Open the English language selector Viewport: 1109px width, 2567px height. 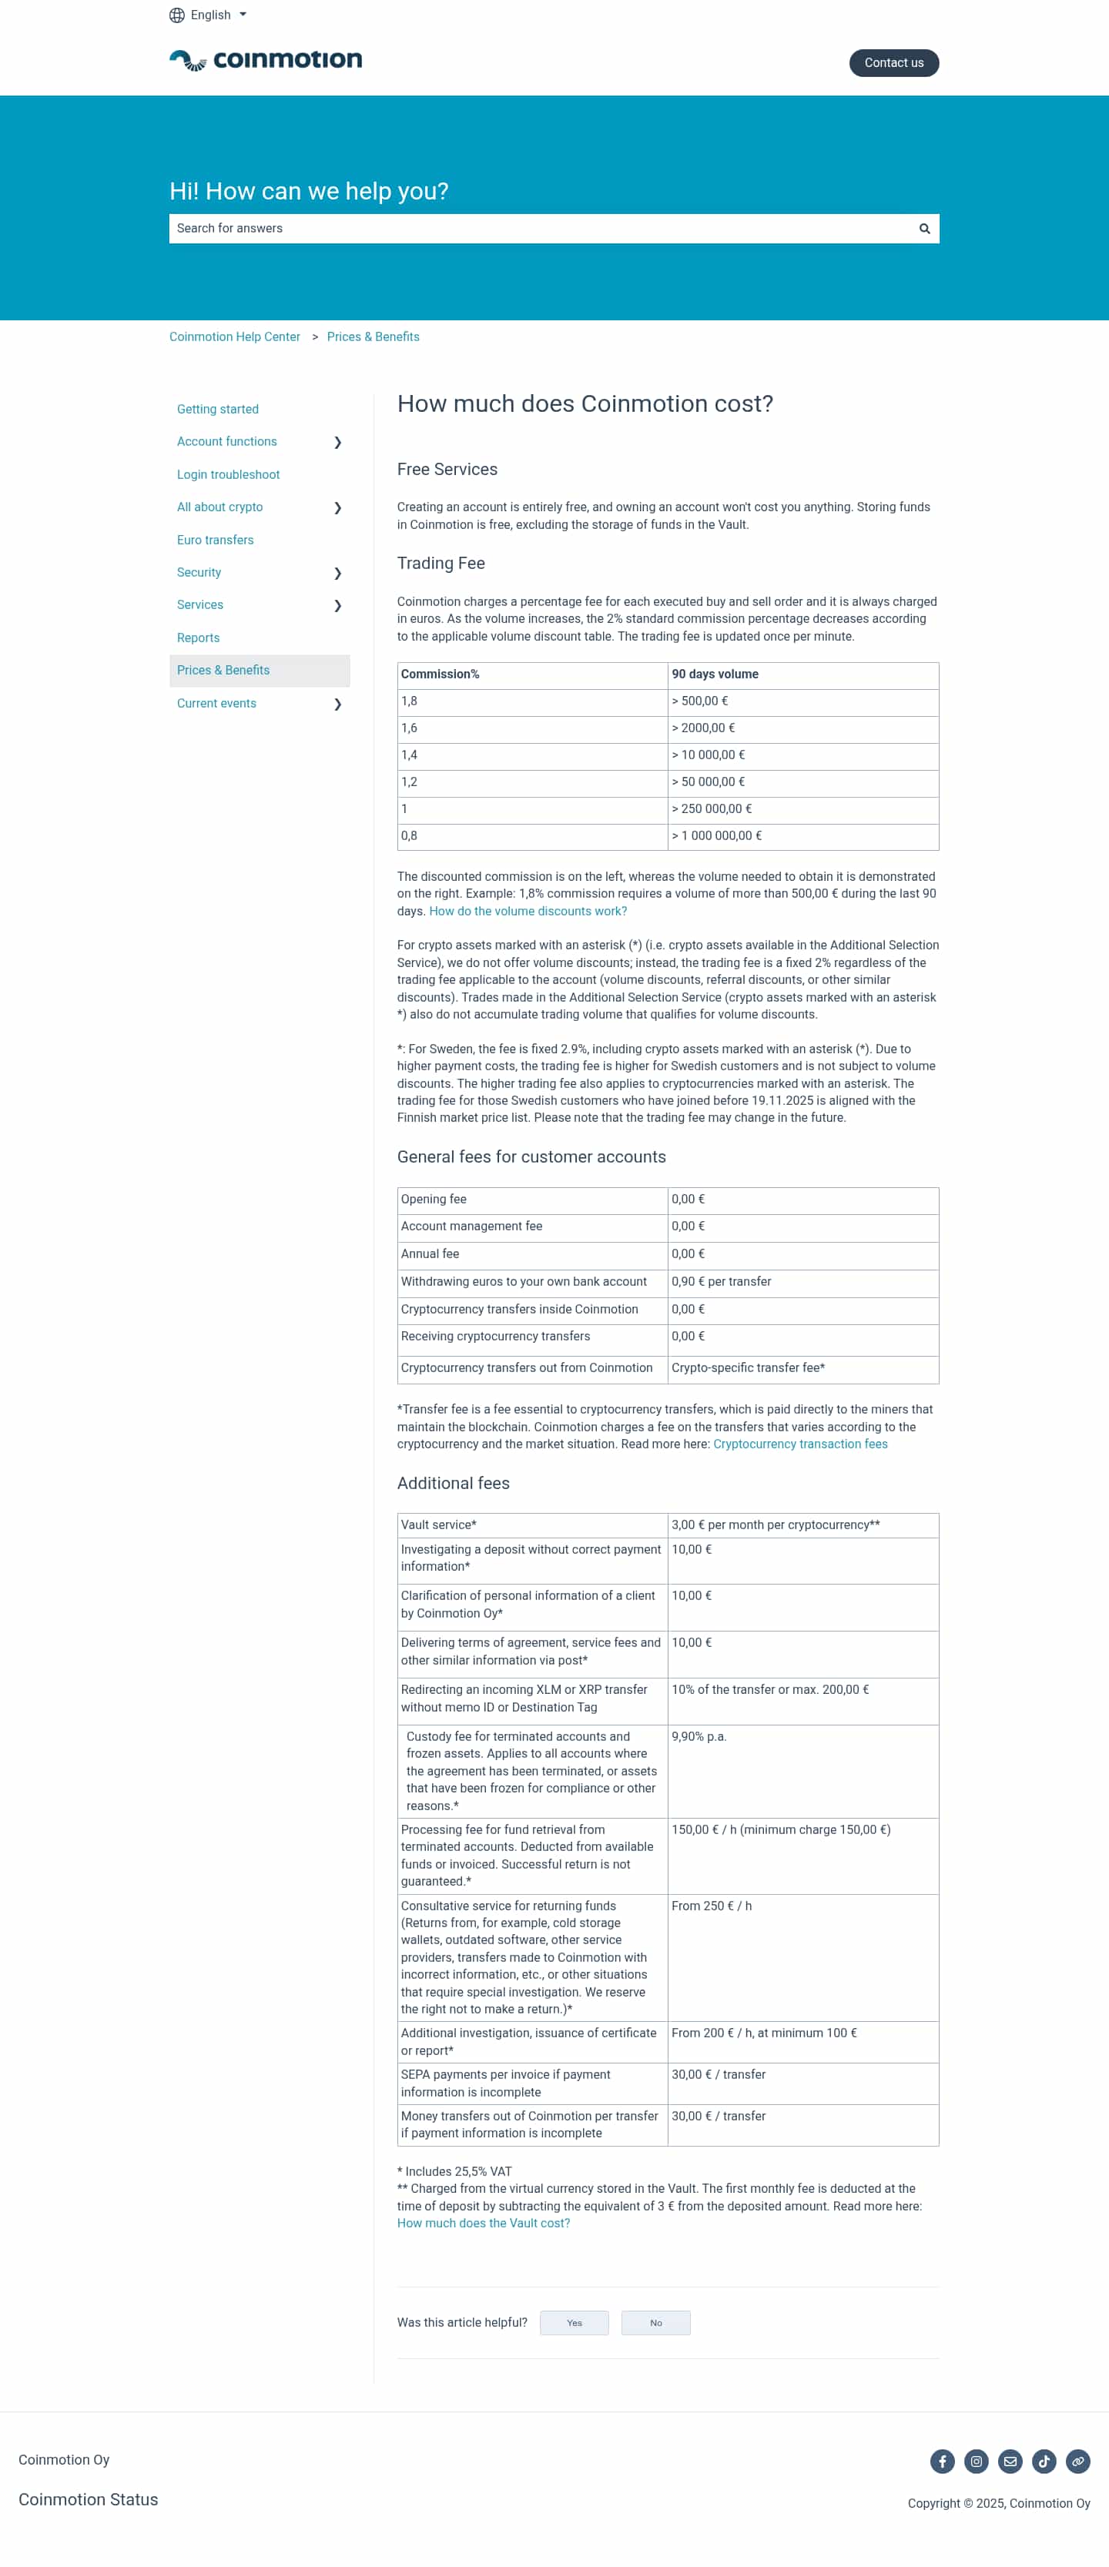(208, 15)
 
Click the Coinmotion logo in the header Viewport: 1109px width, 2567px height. (265, 61)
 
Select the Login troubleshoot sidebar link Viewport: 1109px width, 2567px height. (228, 474)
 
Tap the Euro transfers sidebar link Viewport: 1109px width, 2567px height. (215, 540)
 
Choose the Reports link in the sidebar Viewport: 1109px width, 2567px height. (198, 638)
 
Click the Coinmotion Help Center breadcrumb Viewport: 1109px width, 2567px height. (234, 336)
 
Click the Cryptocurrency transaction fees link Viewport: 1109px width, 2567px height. (799, 1444)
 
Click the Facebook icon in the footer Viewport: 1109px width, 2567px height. (942, 2462)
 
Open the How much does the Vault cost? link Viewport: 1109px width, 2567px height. (483, 2223)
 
